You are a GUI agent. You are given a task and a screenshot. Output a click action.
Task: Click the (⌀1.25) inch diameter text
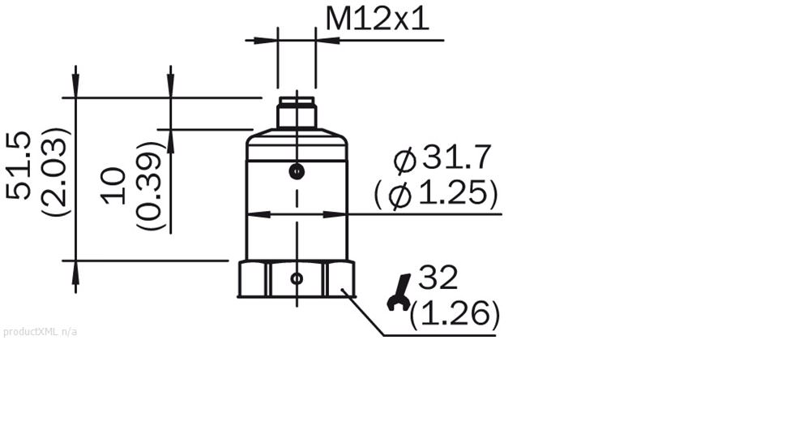pos(436,194)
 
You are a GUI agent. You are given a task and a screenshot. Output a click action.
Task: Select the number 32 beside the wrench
pos(438,278)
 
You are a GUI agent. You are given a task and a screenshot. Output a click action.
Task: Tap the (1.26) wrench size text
pos(455,314)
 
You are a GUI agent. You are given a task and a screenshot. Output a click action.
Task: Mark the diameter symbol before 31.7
pos(404,161)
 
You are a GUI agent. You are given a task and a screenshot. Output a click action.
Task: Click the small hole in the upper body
pos(297,171)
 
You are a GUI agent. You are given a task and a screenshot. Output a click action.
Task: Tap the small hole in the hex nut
pos(297,278)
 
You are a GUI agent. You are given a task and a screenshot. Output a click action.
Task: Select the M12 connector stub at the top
pos(297,113)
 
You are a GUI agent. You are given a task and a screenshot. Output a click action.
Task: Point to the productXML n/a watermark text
pos(41,331)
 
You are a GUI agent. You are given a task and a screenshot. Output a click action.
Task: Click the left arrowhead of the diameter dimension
pos(256,215)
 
